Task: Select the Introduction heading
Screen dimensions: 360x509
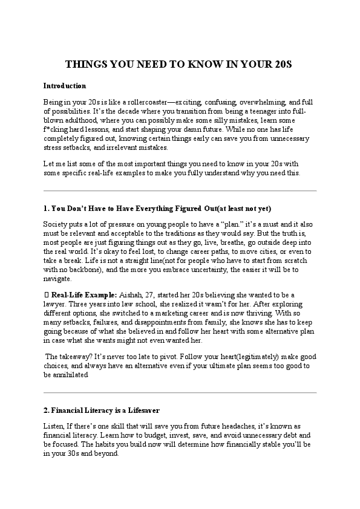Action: point(65,86)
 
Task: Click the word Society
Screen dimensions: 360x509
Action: point(56,224)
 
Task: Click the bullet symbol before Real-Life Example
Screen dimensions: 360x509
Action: point(47,294)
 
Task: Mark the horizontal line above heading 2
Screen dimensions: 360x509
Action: point(180,393)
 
